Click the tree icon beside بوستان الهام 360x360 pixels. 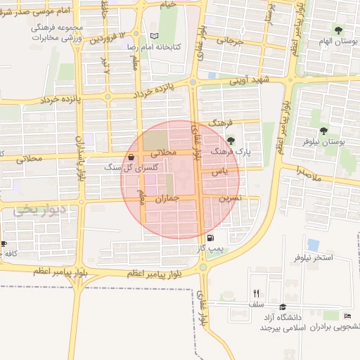pyautogui.click(x=338, y=30)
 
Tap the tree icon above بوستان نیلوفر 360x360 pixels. pyautogui.click(x=323, y=131)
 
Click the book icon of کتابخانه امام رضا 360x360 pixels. pyautogui.click(x=155, y=36)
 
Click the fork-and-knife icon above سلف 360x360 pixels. pyautogui.click(x=256, y=293)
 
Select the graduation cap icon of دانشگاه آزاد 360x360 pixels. pyautogui.click(x=283, y=307)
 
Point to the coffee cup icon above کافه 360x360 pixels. pyautogui.click(x=4, y=244)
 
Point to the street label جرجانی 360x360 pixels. pyautogui.click(x=229, y=40)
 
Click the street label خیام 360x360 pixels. pyautogui.click(x=168, y=4)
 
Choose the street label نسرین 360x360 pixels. pyautogui.click(x=230, y=198)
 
